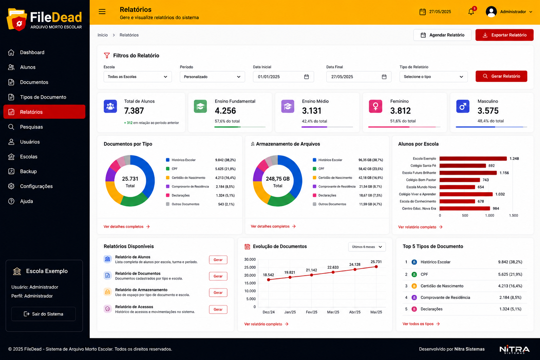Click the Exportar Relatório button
pos(504,35)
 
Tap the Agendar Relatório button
pos(442,35)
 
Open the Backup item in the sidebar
pos(28,172)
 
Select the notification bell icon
pos(471,11)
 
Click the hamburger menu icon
pos(102,12)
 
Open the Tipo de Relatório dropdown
pos(433,77)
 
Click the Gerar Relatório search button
pos(501,76)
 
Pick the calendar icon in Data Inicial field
pos(307,77)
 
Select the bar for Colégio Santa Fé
pos(463,166)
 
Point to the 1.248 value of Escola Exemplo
pos(514,159)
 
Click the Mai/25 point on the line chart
pos(376,267)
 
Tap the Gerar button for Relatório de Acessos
pos(218,309)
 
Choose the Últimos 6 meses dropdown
pos(367,247)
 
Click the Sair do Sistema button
pos(43,314)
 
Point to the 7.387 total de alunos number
pos(134,111)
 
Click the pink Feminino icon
pos(375,106)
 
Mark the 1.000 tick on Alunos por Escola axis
pos(489,216)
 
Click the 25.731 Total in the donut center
pos(130,182)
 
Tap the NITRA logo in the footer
pos(514,349)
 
